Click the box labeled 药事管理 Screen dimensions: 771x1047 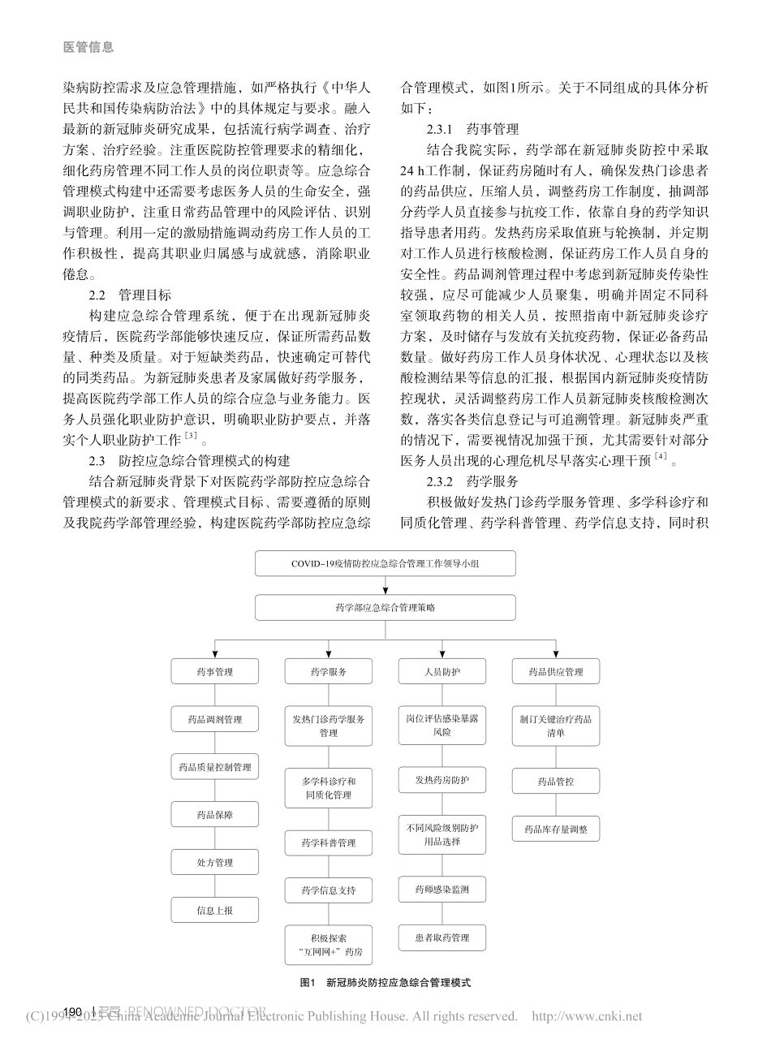(214, 672)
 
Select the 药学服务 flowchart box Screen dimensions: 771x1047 (328, 672)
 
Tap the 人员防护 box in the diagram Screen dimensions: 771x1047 (441, 672)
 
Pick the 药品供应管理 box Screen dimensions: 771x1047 (555, 672)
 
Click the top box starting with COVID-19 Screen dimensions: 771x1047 (385, 562)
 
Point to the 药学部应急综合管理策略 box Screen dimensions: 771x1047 (385, 607)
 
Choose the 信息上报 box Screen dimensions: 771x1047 (214, 910)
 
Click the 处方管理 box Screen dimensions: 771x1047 (214, 862)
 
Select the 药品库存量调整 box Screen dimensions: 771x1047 (555, 829)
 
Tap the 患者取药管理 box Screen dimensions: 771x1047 (441, 938)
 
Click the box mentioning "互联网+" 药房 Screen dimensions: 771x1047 (328, 944)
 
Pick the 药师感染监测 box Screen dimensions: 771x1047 (441, 890)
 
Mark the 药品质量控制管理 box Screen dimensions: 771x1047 (214, 767)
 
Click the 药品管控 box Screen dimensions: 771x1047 (555, 782)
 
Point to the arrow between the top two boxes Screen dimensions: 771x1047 (385, 584)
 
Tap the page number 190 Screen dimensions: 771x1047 (73, 1011)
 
